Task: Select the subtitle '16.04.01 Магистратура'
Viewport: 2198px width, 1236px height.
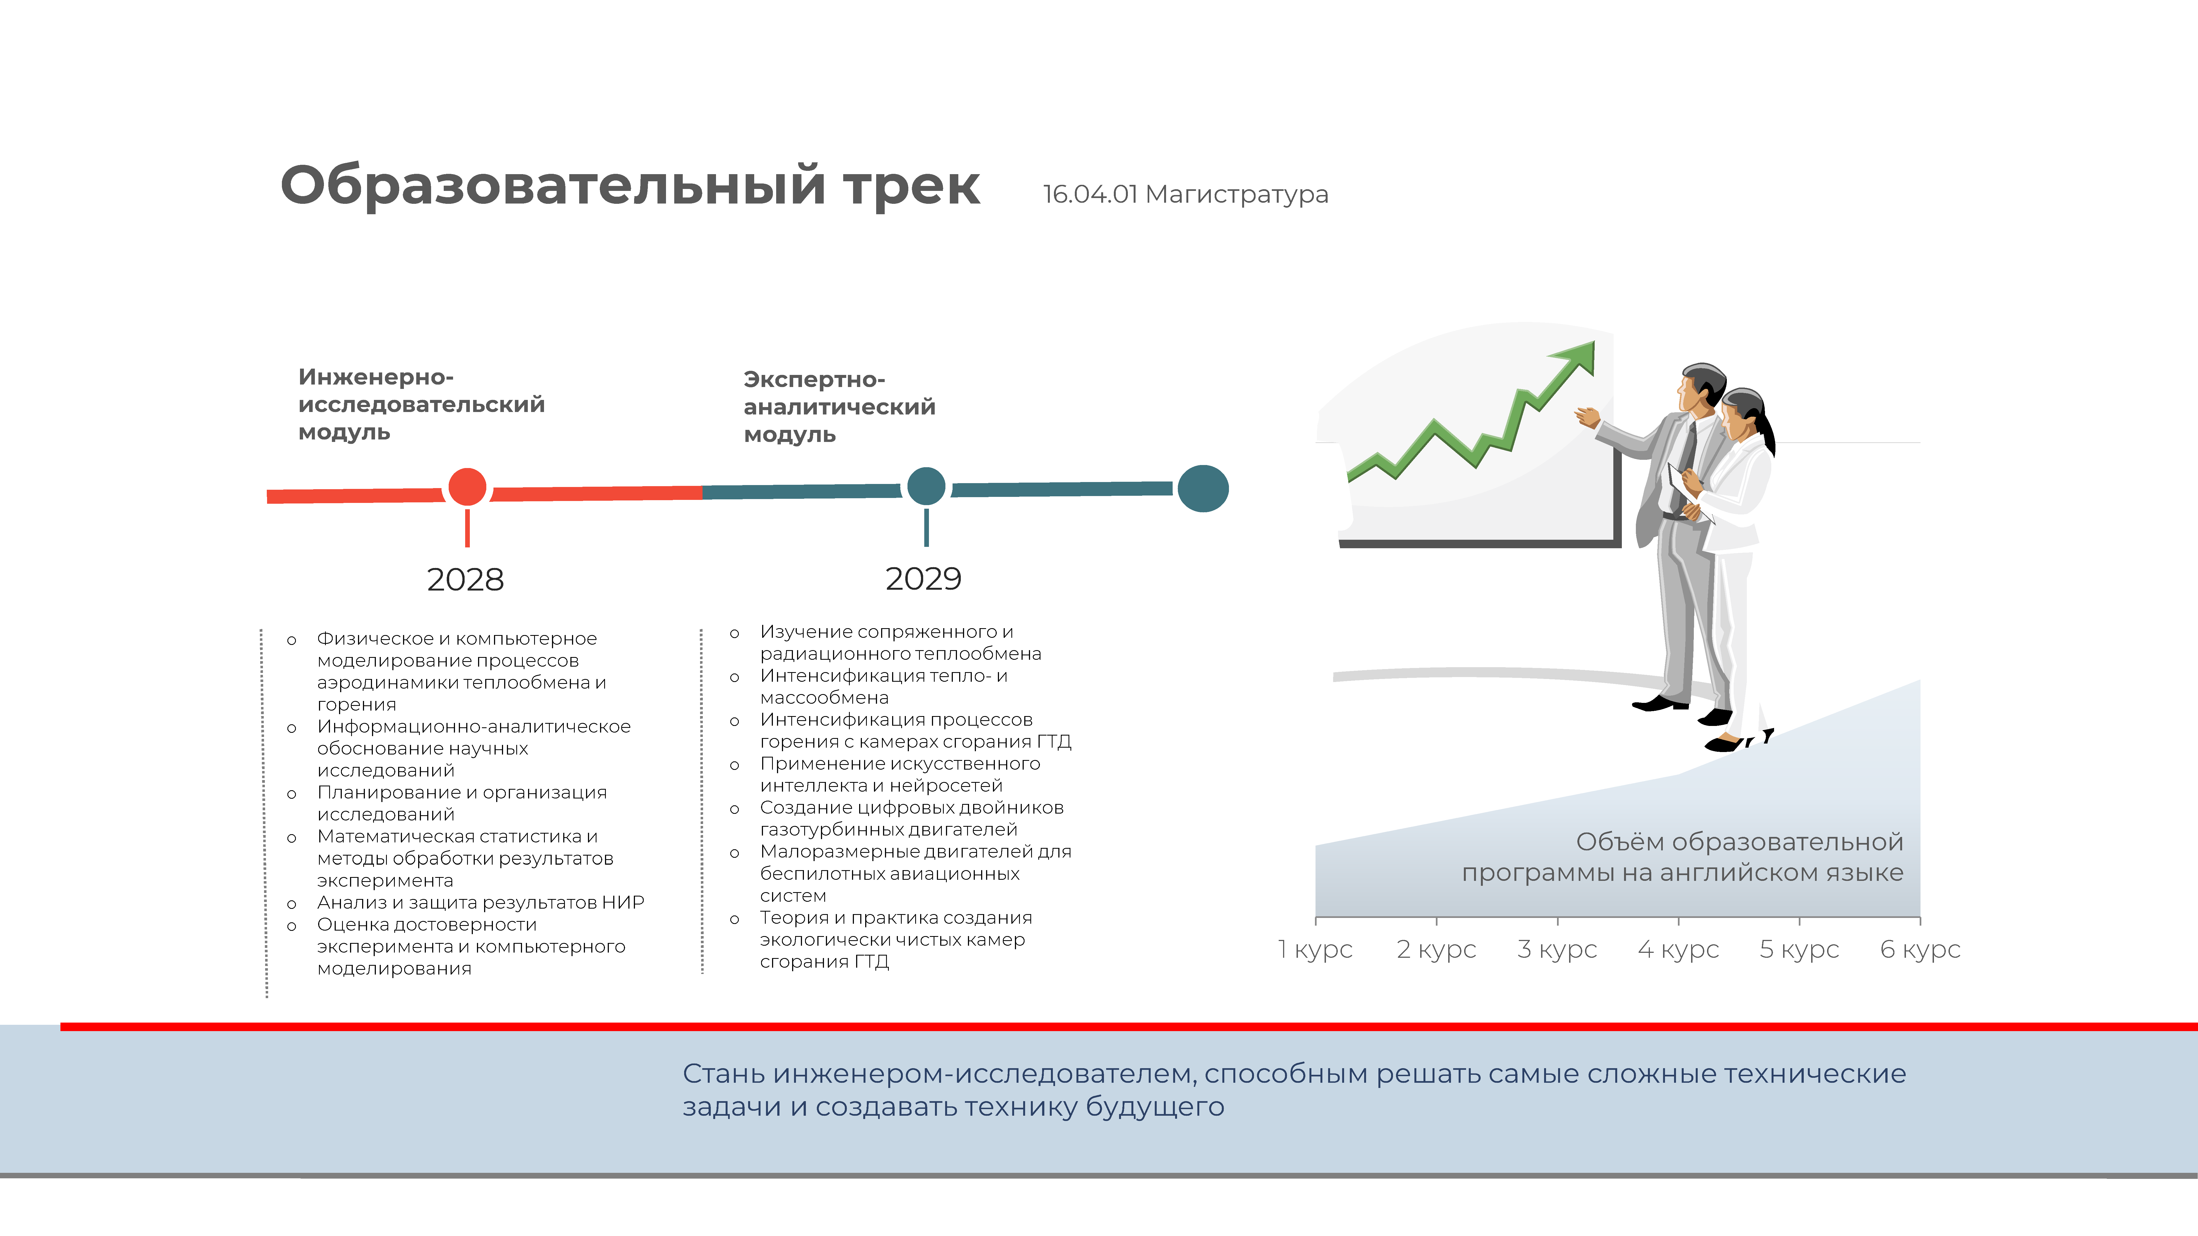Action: click(1185, 194)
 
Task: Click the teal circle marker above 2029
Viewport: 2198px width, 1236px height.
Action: click(926, 486)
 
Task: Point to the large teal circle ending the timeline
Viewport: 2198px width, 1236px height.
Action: click(1203, 489)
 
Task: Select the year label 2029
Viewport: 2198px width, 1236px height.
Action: click(923, 579)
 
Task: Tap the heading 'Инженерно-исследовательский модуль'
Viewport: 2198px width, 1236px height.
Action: click(421, 404)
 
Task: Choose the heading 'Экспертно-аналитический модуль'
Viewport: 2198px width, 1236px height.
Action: click(840, 407)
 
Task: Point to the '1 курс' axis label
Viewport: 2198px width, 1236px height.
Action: click(1315, 950)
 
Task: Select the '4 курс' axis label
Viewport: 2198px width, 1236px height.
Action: click(1678, 950)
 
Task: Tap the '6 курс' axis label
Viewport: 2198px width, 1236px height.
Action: click(1921, 950)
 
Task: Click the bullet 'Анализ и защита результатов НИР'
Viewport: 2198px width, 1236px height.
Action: click(480, 903)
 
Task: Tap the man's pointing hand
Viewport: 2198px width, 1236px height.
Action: click(1587, 417)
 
